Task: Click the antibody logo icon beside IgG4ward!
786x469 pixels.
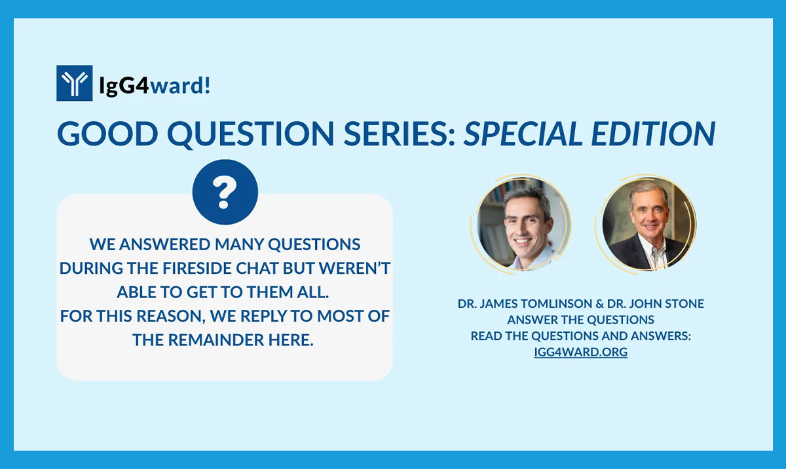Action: coord(74,83)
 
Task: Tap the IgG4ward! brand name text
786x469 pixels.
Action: coord(155,84)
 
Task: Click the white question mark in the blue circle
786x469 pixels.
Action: coord(225,193)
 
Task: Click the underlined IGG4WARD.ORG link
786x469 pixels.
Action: coord(581,352)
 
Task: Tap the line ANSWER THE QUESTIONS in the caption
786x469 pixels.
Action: coord(581,320)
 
